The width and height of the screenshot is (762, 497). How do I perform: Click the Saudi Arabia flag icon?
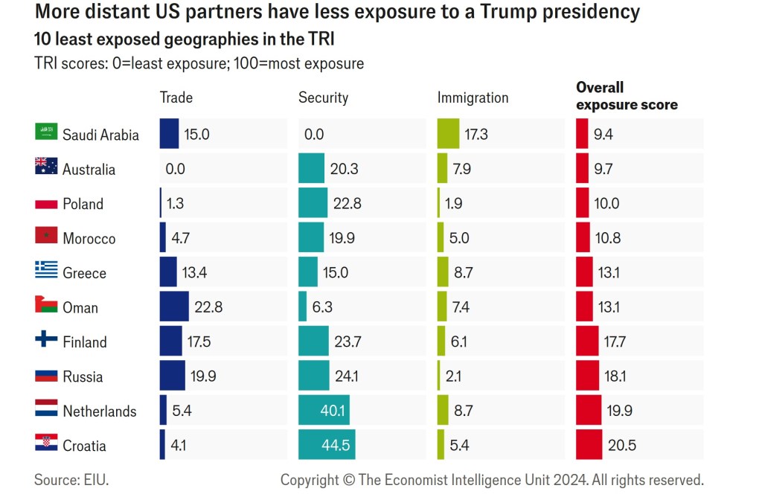point(46,132)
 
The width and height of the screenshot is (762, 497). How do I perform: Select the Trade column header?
point(176,97)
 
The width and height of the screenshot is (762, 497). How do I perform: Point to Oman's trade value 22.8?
point(208,307)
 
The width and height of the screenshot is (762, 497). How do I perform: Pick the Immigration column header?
point(473,97)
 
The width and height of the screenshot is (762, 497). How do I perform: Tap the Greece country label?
point(84,273)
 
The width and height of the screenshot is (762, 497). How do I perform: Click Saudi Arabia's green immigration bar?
point(448,134)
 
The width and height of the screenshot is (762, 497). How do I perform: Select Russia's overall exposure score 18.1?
point(615,376)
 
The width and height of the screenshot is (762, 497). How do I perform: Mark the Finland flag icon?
point(46,340)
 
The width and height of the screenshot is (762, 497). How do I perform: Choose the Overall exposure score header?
point(627,97)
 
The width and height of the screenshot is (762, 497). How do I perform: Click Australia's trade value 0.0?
point(176,169)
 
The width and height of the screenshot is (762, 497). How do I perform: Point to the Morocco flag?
point(46,237)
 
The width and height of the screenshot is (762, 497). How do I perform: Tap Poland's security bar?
point(313,203)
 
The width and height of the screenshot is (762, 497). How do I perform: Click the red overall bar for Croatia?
point(589,446)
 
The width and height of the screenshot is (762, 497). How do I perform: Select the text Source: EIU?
point(71,480)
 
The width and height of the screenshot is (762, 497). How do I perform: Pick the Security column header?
point(323,97)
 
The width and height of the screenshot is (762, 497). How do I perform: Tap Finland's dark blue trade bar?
point(170,342)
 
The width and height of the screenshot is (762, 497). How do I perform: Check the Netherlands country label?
point(100,411)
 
